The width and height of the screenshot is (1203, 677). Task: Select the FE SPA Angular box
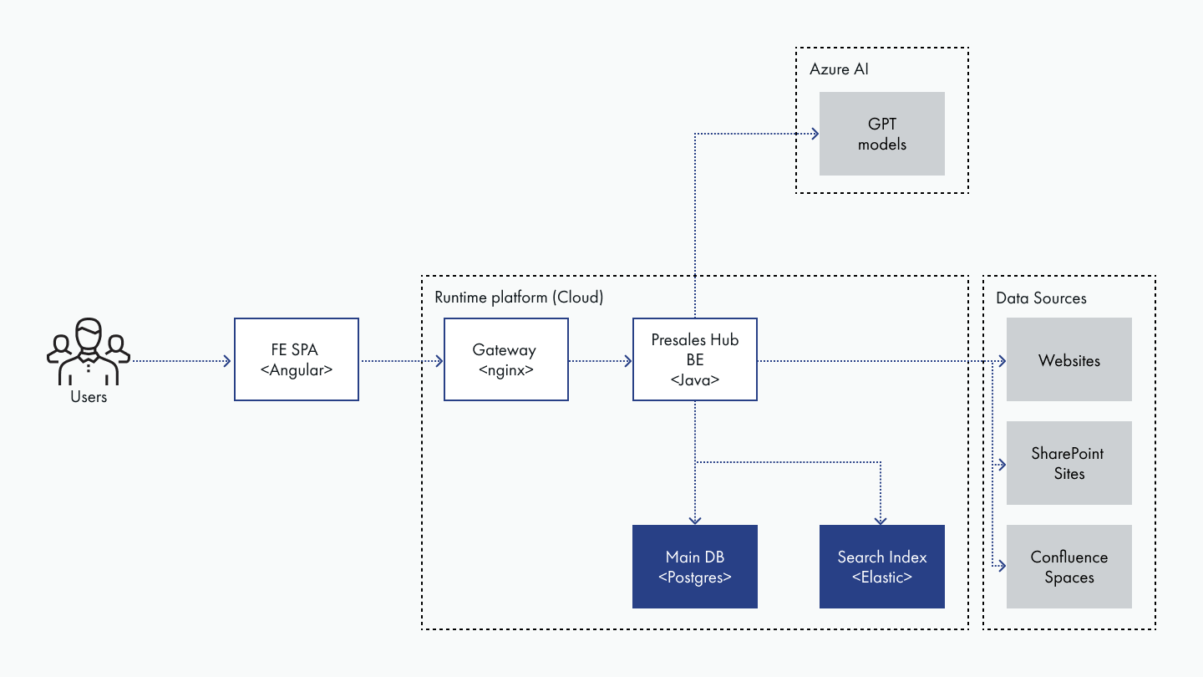point(297,359)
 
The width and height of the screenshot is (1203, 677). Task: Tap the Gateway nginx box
point(505,359)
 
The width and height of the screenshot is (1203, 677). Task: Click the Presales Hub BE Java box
point(695,359)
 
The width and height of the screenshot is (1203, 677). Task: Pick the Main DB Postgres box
point(695,567)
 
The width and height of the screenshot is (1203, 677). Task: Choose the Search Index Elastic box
point(882,567)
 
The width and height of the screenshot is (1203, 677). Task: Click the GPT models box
point(882,134)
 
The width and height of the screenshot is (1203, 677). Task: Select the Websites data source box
point(1069,360)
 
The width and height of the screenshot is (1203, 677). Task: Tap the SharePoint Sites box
point(1069,463)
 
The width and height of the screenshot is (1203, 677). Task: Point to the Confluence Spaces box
point(1069,567)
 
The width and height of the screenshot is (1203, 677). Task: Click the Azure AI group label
point(839,69)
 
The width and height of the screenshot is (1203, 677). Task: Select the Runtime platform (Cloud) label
point(518,298)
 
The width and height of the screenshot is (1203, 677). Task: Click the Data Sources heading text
point(1041,298)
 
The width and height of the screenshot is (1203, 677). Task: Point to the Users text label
point(89,397)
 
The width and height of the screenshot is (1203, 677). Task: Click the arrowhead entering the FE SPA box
point(227,361)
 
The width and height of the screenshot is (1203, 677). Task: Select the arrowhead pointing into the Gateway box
point(438,361)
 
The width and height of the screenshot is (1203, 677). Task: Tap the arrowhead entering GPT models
point(814,134)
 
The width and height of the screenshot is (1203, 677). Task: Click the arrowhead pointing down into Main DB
point(695,519)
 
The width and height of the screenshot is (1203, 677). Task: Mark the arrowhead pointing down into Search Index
point(882,519)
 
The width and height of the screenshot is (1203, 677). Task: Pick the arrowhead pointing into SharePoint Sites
point(1000,463)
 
